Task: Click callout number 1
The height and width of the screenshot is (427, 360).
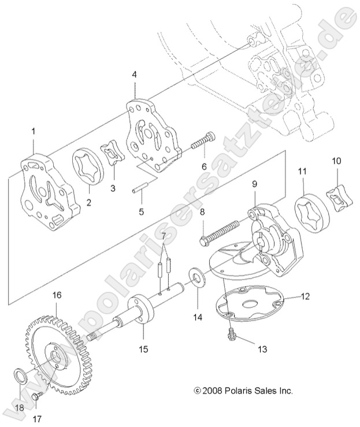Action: tap(33, 132)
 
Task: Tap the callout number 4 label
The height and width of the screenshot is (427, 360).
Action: tap(135, 75)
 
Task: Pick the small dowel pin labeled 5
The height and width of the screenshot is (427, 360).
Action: tap(142, 189)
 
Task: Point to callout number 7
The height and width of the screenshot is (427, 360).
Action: tap(164, 236)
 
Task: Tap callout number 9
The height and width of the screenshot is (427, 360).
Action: tap(254, 184)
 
